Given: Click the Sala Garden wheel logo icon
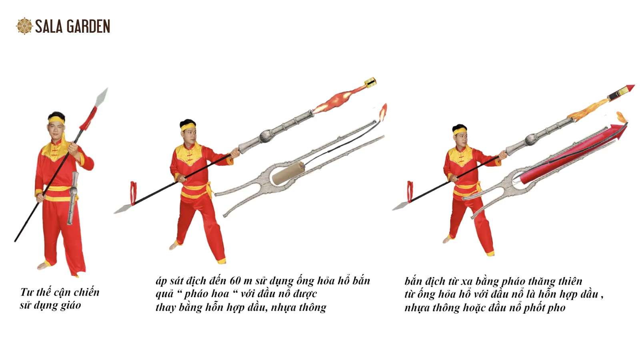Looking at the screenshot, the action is coord(24,26).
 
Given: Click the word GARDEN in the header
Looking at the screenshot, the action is coord(88,26).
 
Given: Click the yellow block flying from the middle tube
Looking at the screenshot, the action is coord(370,82).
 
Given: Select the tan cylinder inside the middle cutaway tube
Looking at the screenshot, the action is coord(288,173).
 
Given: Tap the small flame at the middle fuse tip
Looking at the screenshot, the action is coord(383,112).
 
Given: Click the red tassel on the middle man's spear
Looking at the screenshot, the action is coord(134,193).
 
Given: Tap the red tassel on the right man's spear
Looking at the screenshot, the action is coord(410,192).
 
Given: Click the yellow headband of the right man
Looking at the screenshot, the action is coord(460,132).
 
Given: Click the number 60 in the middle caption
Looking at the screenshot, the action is coord(236,281).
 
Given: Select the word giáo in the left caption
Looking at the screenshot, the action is coord(71,306).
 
